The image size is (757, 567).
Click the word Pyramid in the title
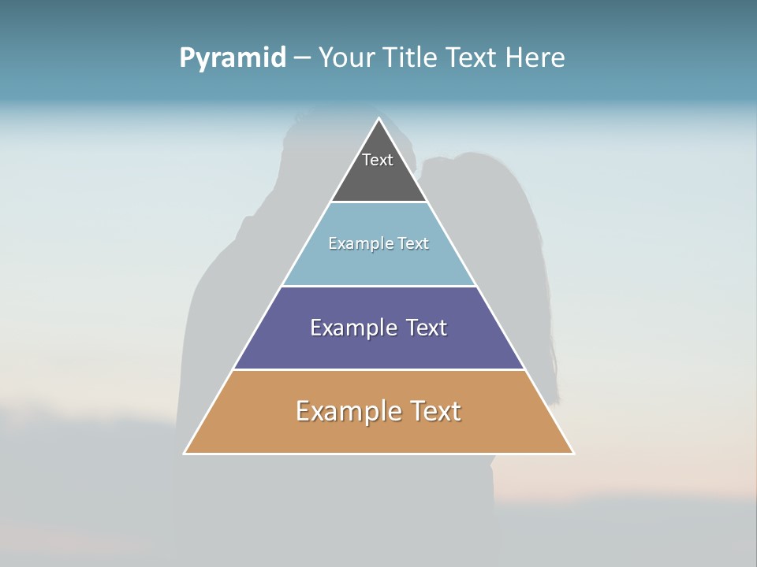[233, 58]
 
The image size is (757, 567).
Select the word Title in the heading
[411, 57]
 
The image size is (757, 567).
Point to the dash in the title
[302, 58]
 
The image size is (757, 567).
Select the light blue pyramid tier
[378, 264]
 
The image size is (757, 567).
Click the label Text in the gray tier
[378, 160]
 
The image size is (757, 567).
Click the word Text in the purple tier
[426, 328]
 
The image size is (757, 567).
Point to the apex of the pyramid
[378, 119]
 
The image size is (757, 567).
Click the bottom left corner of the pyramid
[185, 453]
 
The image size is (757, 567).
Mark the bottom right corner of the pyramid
[572, 453]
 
